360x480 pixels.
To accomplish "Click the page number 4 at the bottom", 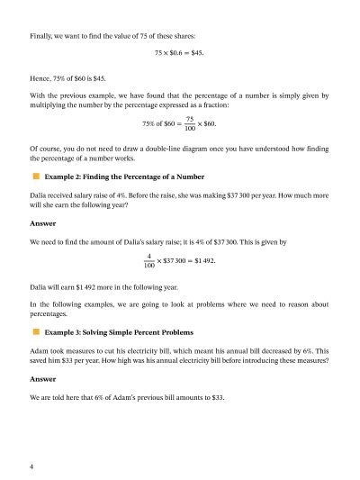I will [x=31, y=466].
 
